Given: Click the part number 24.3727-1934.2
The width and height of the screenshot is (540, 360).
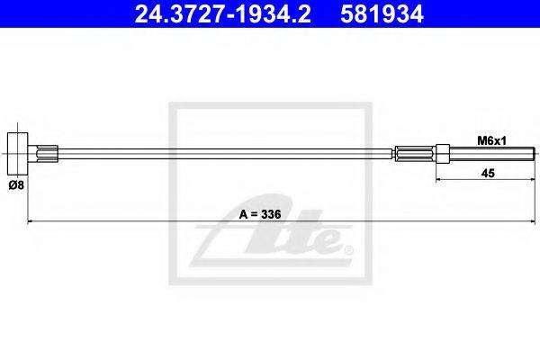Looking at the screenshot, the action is (223, 14).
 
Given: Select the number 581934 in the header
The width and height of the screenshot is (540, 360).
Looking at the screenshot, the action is (382, 14).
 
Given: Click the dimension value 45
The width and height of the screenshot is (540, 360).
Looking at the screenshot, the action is (488, 174).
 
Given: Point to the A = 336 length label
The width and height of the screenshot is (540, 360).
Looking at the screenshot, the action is (260, 214).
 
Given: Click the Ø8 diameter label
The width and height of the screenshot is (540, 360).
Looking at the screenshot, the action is (16, 185).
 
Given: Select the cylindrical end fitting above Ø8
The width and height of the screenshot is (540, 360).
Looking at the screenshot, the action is (18, 153).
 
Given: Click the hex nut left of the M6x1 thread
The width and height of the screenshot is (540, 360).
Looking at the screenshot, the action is (443, 154).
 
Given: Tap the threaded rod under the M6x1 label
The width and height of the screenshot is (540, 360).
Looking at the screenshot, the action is (491, 154).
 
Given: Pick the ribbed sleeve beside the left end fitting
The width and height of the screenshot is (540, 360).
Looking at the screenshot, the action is (47, 154).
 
